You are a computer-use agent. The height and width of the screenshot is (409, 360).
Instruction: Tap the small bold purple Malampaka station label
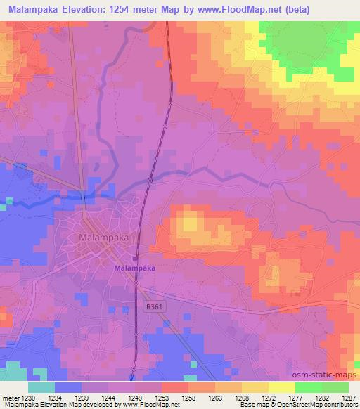pyautogui.click(x=134, y=268)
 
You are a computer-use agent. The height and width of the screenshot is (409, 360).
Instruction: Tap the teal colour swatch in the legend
pyautogui.click(x=41, y=387)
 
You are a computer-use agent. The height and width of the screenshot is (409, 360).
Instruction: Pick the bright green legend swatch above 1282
pyautogui.click(x=308, y=387)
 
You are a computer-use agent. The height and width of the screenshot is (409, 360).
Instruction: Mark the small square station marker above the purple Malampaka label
pyautogui.click(x=136, y=258)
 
